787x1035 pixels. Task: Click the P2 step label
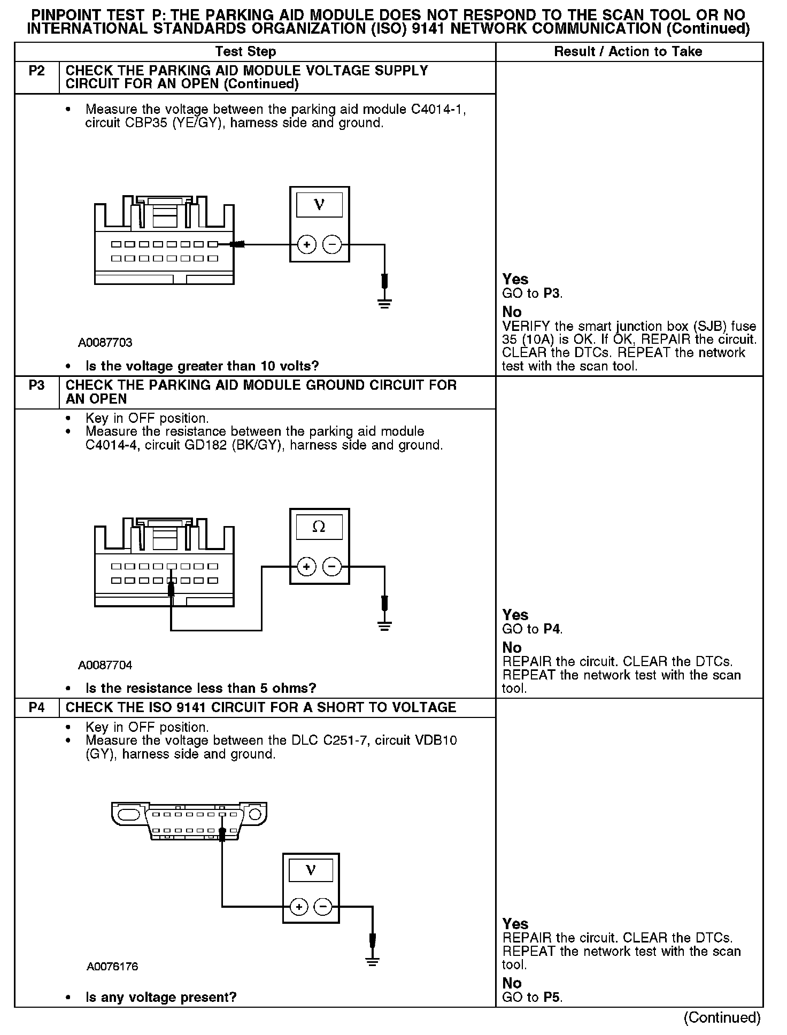pyautogui.click(x=36, y=71)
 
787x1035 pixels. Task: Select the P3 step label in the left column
pyautogui.click(x=36, y=385)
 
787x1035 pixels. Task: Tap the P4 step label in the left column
pyautogui.click(x=36, y=708)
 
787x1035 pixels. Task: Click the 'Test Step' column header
pyautogui.click(x=245, y=52)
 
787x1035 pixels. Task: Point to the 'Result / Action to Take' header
pyautogui.click(x=628, y=52)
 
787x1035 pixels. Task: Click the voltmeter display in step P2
pyautogui.click(x=319, y=204)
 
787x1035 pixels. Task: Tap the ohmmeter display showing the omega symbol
pyautogui.click(x=319, y=527)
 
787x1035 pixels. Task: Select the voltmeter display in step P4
pyautogui.click(x=311, y=870)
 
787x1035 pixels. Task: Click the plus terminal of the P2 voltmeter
pyautogui.click(x=306, y=245)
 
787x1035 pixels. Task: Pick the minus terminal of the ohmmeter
pyautogui.click(x=332, y=567)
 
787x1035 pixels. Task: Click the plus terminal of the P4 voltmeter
pyautogui.click(x=298, y=907)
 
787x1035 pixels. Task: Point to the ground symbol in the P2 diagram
pyautogui.click(x=384, y=304)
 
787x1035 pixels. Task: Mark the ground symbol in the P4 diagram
pyautogui.click(x=373, y=961)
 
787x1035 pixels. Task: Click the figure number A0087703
pyautogui.click(x=105, y=343)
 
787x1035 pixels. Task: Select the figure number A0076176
pyautogui.click(x=112, y=967)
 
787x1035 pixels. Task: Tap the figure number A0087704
pyautogui.click(x=105, y=665)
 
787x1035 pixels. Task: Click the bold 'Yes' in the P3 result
pyautogui.click(x=515, y=615)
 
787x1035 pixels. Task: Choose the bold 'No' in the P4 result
pyautogui.click(x=512, y=983)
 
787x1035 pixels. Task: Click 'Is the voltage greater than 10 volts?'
pyautogui.click(x=202, y=366)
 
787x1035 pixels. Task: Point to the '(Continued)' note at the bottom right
pyautogui.click(x=722, y=1017)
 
